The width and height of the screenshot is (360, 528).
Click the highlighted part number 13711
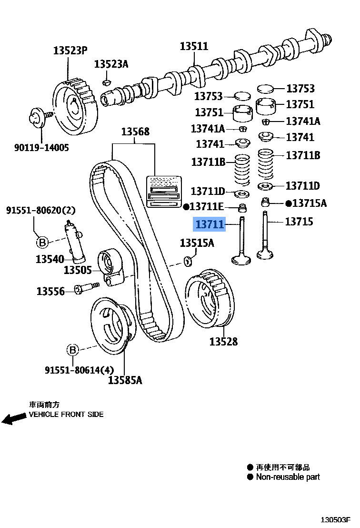click(x=209, y=223)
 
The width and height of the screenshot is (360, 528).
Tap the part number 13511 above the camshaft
click(x=194, y=46)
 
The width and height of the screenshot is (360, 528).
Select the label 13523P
click(x=70, y=50)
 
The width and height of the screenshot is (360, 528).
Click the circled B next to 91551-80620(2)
click(x=42, y=243)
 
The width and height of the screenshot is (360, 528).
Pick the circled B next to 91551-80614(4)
click(x=72, y=350)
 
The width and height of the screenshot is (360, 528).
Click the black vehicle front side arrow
click(x=14, y=418)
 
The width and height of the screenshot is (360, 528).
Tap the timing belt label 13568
click(x=135, y=132)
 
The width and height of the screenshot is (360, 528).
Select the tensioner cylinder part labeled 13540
click(x=74, y=242)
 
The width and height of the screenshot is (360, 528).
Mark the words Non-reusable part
click(x=288, y=477)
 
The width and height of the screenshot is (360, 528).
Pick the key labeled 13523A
click(x=107, y=82)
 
